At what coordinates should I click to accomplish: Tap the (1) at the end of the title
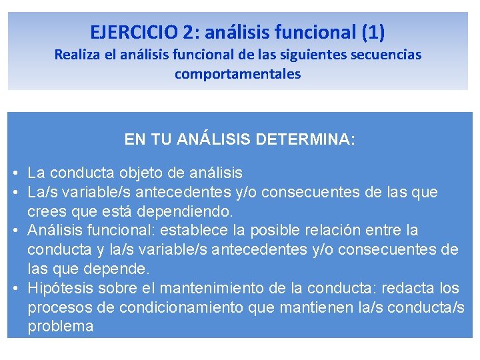(373, 31)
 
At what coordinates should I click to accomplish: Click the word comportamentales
(238, 74)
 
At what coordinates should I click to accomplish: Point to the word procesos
(57, 307)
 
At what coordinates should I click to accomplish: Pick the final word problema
(61, 327)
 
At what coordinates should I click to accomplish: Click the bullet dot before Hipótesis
(15, 289)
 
